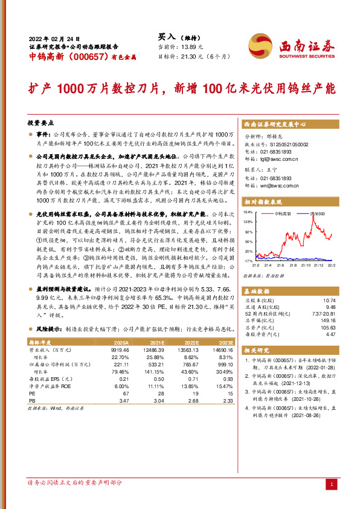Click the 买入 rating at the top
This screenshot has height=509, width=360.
click(166, 37)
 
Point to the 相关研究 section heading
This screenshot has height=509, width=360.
click(258, 350)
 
